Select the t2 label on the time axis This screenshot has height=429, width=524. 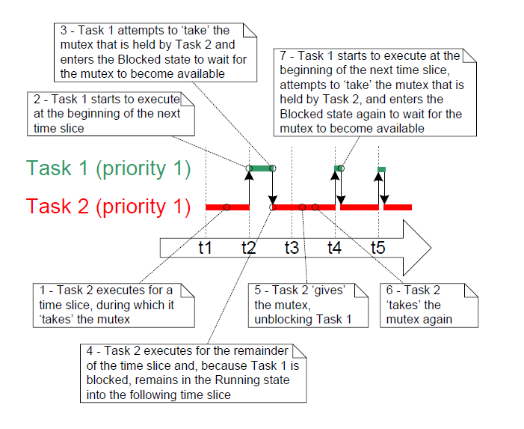coord(249,248)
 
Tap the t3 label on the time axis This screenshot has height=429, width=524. coord(292,248)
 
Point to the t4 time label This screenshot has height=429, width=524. coord(334,248)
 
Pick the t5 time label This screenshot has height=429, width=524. coord(377,248)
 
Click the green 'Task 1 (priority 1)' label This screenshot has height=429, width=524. coord(108,168)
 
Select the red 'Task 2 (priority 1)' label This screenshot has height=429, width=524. coord(108,206)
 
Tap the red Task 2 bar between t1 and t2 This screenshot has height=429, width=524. coord(227,207)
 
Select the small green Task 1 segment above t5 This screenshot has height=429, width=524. coord(381,170)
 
